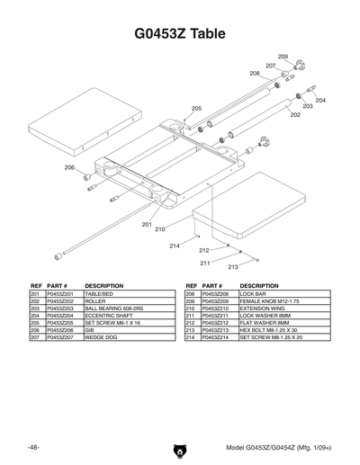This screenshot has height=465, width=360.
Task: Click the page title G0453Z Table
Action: [179, 34]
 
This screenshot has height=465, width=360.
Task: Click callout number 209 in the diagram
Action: [283, 57]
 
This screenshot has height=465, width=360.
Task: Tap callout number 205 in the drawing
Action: [196, 108]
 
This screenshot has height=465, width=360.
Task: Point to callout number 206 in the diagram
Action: [69, 167]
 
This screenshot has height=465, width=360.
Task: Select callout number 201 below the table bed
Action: [147, 224]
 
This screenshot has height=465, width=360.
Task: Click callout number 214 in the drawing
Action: [175, 246]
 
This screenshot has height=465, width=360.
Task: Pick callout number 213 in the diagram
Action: [232, 267]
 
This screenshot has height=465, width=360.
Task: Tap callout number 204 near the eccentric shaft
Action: [320, 100]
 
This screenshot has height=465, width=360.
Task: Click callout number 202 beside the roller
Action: [295, 115]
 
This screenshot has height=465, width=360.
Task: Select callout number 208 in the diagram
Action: [255, 73]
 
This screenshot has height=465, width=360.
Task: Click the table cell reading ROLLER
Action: [94, 301]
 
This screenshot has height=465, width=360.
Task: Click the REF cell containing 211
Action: [190, 316]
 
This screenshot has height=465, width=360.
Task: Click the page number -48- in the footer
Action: [33, 447]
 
